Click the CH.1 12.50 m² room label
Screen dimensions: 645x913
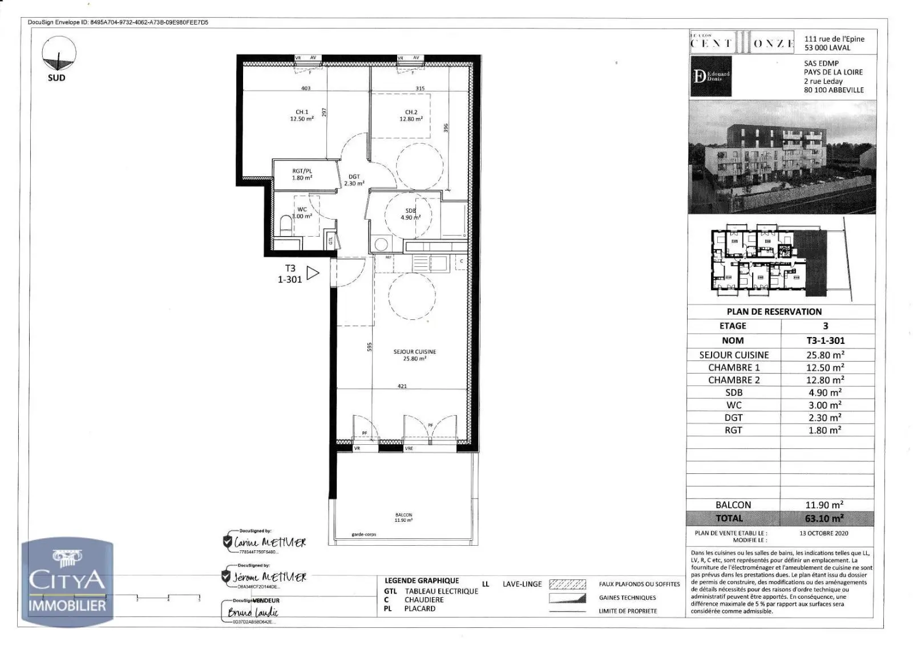[301, 116]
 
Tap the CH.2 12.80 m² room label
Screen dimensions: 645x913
[411, 116]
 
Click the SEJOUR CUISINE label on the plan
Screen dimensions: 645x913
[414, 355]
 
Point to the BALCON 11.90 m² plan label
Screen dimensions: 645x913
[403, 517]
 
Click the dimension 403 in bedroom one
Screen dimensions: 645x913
[306, 88]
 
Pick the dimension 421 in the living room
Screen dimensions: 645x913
[402, 386]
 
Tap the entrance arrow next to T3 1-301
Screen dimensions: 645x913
[313, 273]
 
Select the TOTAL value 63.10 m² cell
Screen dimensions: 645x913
[825, 518]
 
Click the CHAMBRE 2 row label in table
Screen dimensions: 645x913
[734, 380]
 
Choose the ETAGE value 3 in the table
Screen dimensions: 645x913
[825, 326]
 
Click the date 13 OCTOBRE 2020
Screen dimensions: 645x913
[823, 533]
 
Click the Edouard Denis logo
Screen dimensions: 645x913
[711, 76]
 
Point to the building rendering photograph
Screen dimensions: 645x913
[782, 157]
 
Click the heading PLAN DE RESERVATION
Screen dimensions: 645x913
[774, 311]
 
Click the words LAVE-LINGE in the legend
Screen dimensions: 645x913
[522, 584]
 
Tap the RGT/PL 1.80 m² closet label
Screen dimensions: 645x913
[302, 175]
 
